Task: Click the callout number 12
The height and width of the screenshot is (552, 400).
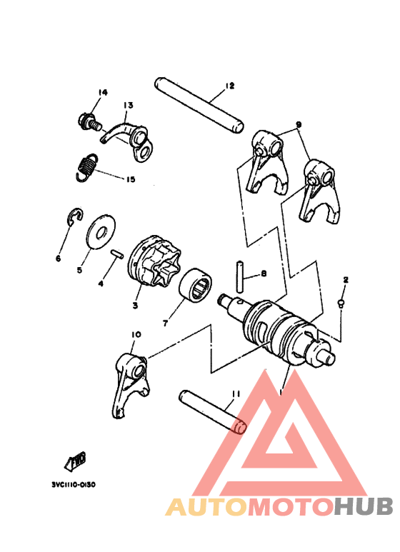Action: click(229, 86)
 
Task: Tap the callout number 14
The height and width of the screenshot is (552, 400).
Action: click(102, 93)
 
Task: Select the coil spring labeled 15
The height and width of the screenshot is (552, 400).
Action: click(86, 167)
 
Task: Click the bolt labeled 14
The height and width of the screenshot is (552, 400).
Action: click(89, 121)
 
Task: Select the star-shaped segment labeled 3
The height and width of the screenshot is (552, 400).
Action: click(151, 265)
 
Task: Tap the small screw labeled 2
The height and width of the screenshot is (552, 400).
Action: click(341, 304)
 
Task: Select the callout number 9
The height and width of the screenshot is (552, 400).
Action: click(299, 124)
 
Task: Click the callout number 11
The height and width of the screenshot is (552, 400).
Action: click(236, 393)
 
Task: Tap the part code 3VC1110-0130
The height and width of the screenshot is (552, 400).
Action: click(74, 483)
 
